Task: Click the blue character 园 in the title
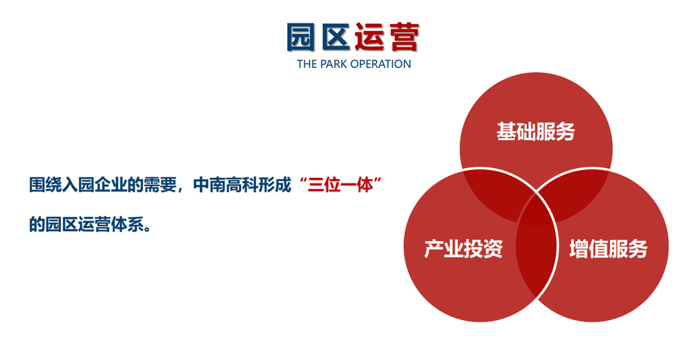302,37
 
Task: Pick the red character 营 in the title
403,37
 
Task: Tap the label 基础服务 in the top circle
536,132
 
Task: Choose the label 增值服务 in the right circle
608,249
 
